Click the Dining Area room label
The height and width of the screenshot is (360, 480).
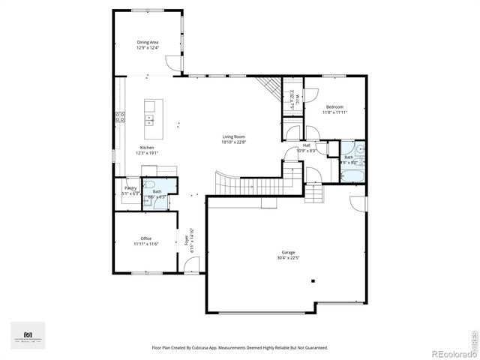(x=147, y=43)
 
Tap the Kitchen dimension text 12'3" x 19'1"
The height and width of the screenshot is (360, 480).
(x=147, y=153)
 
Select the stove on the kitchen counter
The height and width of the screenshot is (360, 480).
(x=119, y=117)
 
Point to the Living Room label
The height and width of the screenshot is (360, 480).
(x=234, y=136)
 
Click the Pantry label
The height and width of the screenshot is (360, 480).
(x=130, y=188)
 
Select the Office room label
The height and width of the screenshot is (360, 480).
(x=146, y=238)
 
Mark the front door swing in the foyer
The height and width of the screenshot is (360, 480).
(x=193, y=265)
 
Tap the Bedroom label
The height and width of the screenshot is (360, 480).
(x=334, y=107)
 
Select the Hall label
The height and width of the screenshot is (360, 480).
(x=306, y=145)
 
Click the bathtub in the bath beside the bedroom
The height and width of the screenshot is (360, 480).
(x=352, y=176)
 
